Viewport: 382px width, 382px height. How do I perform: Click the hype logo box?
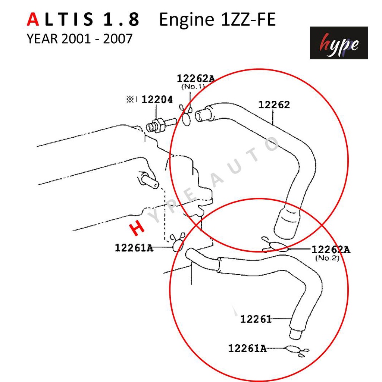(339, 43)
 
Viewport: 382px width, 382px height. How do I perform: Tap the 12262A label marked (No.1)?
(195, 79)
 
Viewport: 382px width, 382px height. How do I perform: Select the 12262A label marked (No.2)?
(331, 250)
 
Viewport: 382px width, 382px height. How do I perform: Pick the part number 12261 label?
(256, 319)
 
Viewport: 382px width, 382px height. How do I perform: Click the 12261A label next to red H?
(134, 247)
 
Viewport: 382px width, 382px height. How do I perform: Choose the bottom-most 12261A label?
(247, 348)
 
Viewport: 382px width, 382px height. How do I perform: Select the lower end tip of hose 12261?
(294, 334)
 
